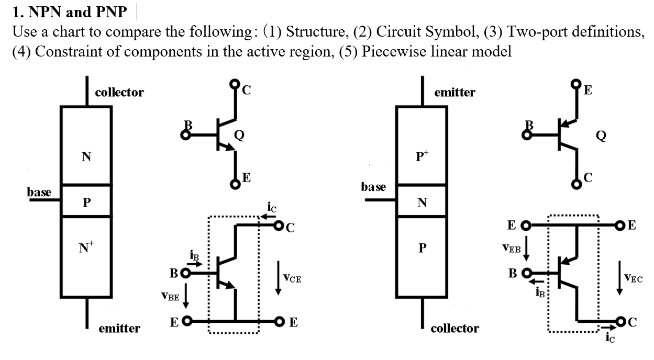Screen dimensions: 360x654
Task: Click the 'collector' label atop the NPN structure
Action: (x=119, y=93)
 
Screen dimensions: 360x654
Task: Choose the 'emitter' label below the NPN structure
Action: (x=119, y=329)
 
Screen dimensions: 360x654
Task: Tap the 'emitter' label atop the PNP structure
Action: (x=455, y=93)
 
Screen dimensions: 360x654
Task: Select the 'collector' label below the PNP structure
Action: (x=455, y=329)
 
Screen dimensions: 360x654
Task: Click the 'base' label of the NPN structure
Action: (x=39, y=192)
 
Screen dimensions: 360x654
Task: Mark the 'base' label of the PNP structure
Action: (x=373, y=187)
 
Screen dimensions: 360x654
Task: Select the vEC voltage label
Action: (x=634, y=278)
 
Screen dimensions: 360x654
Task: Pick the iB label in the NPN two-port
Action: (x=194, y=255)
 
